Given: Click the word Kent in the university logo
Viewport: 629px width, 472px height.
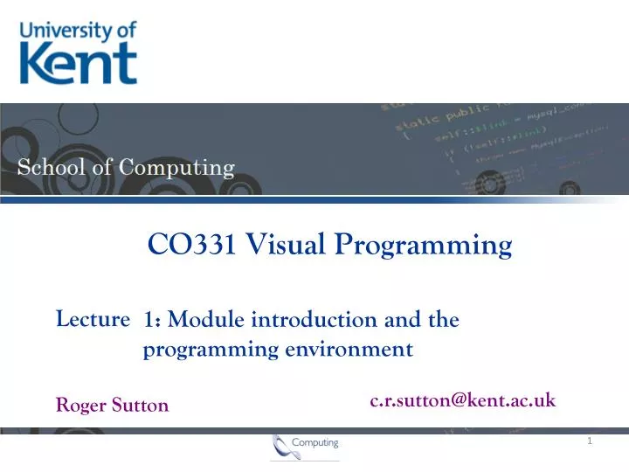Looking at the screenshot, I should click(x=78, y=64).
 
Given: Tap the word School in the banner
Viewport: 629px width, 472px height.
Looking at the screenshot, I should click(x=52, y=167).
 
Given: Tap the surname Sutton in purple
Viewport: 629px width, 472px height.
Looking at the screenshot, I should click(x=139, y=406).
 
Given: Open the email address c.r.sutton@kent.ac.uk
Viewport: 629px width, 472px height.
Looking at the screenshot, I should click(x=462, y=400).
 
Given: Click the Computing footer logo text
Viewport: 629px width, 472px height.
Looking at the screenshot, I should click(x=314, y=444).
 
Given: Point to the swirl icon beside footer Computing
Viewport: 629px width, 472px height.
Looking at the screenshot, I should click(x=281, y=446).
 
